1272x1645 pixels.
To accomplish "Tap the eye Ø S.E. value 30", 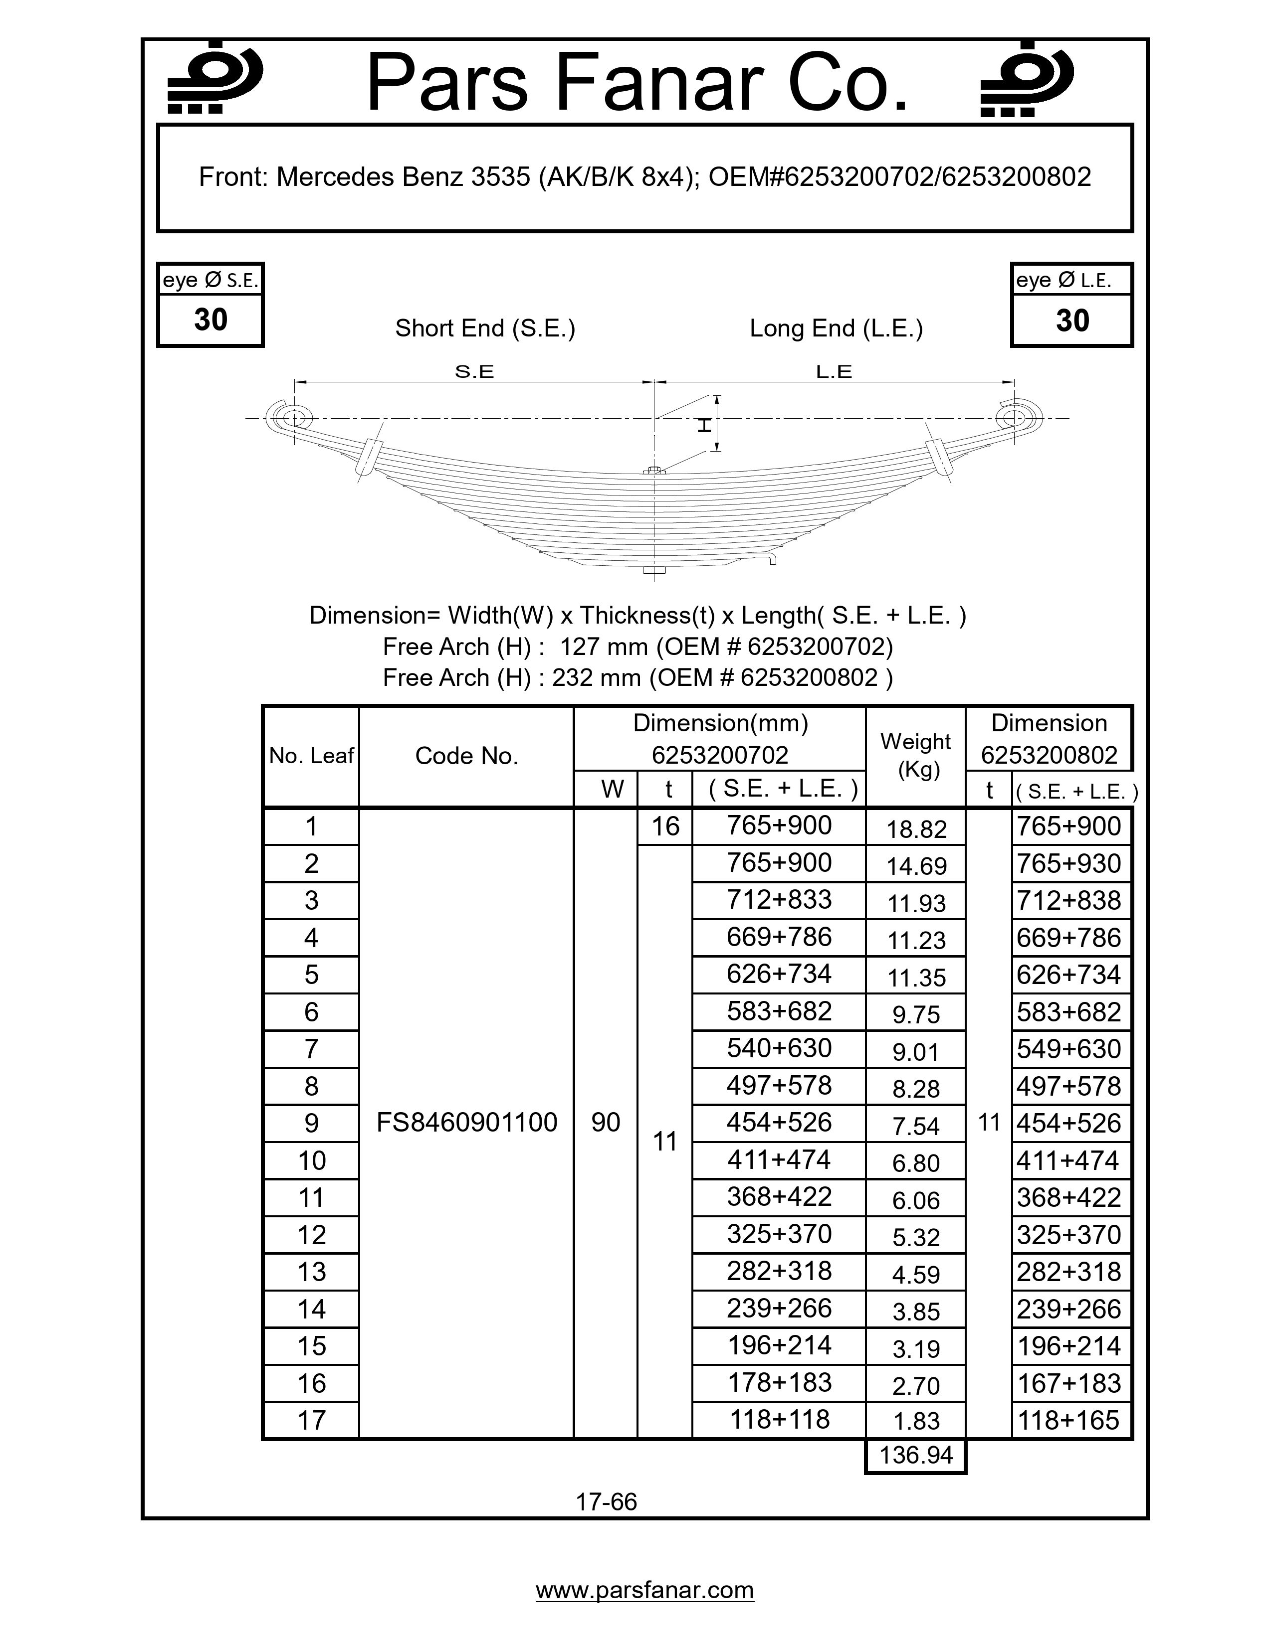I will pyautogui.click(x=210, y=320).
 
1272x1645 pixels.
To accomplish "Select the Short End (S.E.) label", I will pyautogui.click(x=484, y=329).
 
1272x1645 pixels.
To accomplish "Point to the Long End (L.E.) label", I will pyautogui.click(x=836, y=329).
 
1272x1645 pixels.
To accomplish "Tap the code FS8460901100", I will pyautogui.click(x=466, y=1122).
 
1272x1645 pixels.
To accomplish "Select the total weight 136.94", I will pyautogui.click(x=915, y=1455).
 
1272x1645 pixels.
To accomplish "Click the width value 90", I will pyautogui.click(x=606, y=1122).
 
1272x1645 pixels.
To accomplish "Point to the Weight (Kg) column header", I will pyautogui.click(x=915, y=756).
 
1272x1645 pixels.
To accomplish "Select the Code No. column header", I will pyautogui.click(x=466, y=756).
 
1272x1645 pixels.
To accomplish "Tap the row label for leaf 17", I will pyautogui.click(x=311, y=1420).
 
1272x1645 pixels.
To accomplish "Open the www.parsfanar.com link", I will pyautogui.click(x=644, y=1590).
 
